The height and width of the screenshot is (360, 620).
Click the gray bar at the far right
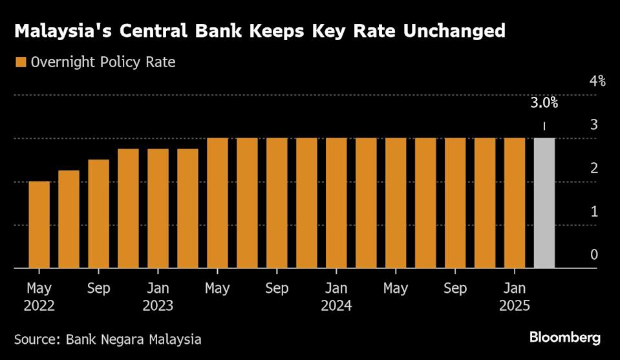(x=544, y=203)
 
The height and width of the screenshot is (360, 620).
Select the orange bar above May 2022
(x=39, y=224)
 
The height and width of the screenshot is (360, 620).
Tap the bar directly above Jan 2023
(x=158, y=208)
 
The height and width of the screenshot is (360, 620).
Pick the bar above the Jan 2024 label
(x=336, y=203)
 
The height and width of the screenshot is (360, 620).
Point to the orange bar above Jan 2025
(x=515, y=203)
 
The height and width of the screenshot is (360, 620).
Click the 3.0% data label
(x=544, y=103)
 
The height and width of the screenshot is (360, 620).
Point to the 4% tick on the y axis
(x=597, y=81)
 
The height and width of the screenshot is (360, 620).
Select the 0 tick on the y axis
(x=593, y=255)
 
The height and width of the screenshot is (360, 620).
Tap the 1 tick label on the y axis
(x=593, y=211)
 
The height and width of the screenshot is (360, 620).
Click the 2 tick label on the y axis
(x=593, y=168)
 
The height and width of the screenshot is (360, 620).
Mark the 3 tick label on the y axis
(x=593, y=125)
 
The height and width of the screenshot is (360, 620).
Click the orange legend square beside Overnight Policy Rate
(x=21, y=63)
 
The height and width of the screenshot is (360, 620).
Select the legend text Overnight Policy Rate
(x=103, y=63)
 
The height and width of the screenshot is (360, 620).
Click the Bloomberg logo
(x=565, y=337)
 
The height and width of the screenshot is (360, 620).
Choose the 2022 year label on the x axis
(x=39, y=306)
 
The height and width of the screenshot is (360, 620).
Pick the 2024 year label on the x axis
(x=336, y=306)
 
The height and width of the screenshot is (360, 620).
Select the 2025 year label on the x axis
(x=515, y=306)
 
